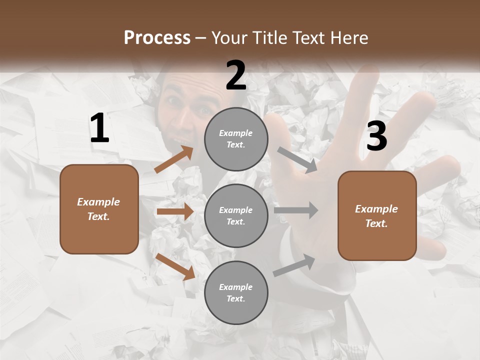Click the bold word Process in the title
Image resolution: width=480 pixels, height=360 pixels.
(157, 37)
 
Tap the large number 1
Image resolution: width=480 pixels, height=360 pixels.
(99, 128)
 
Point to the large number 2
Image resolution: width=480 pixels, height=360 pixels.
(236, 75)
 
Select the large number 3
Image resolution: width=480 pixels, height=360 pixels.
(376, 136)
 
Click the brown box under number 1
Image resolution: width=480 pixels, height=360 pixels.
(99, 209)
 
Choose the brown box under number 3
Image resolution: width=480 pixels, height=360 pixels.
(377, 215)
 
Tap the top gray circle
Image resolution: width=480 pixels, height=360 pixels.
(236, 138)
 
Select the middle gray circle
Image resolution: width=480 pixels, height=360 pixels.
(236, 215)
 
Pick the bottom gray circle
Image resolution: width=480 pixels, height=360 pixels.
(236, 292)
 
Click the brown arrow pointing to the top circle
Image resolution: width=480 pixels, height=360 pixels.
(173, 159)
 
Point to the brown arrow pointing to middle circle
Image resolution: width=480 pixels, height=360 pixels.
(174, 211)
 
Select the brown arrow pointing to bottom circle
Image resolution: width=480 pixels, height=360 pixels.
(175, 266)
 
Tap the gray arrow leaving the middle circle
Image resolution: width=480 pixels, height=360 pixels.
(295, 210)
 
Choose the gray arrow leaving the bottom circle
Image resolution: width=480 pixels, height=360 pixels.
(294, 265)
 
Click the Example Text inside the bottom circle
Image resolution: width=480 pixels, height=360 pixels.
(236, 292)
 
